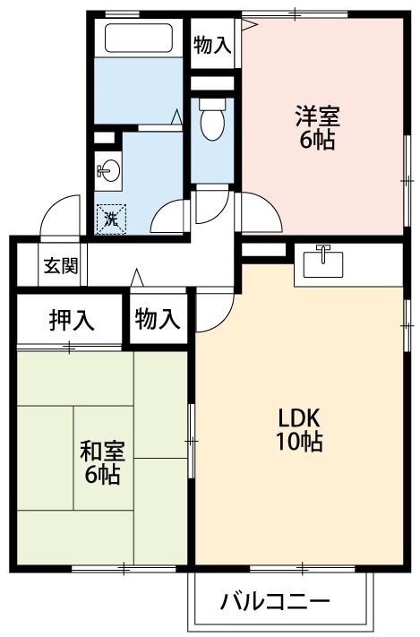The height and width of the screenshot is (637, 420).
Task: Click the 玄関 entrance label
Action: pos(62,265)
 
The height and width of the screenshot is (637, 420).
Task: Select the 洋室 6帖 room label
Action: pos(318,128)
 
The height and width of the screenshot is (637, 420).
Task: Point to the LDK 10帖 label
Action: pos(299,428)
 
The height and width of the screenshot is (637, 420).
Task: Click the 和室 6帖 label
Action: pos(102,462)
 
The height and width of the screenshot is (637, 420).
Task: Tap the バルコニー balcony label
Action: pos(276,601)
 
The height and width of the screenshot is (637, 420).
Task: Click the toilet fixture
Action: pos(211,121)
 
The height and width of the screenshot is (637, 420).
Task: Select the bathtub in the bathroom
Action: pos(139,39)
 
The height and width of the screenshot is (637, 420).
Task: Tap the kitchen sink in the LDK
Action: pos(324,263)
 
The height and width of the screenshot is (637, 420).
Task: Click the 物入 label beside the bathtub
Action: pos(212,46)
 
